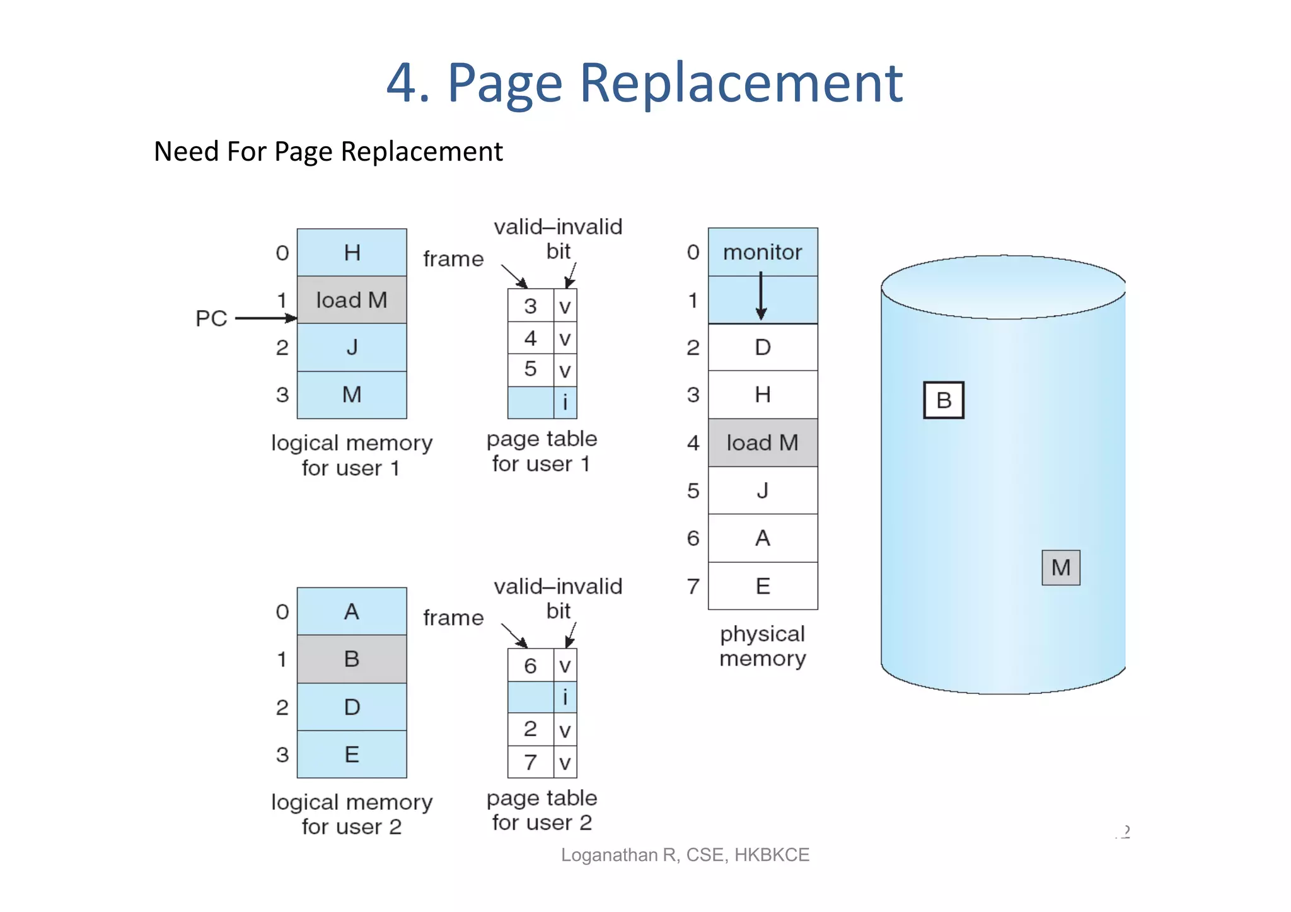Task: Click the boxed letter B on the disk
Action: click(x=943, y=400)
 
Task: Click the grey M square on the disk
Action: click(x=1060, y=567)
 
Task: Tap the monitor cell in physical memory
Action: click(x=762, y=252)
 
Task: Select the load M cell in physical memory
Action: click(x=762, y=442)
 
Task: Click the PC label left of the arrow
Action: click(x=211, y=318)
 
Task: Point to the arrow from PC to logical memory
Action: click(x=265, y=318)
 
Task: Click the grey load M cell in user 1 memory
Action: click(x=352, y=300)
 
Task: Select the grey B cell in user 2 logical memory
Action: click(x=352, y=659)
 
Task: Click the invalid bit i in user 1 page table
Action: click(x=565, y=402)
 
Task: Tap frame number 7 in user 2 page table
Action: click(x=530, y=762)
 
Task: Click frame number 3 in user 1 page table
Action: click(x=530, y=306)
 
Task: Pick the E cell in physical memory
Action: click(x=762, y=586)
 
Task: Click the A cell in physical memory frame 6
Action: click(x=762, y=538)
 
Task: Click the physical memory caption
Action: click(x=762, y=646)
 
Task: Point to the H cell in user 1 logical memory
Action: click(x=352, y=253)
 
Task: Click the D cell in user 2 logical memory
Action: click(x=352, y=707)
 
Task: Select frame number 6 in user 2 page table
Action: click(x=530, y=666)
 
